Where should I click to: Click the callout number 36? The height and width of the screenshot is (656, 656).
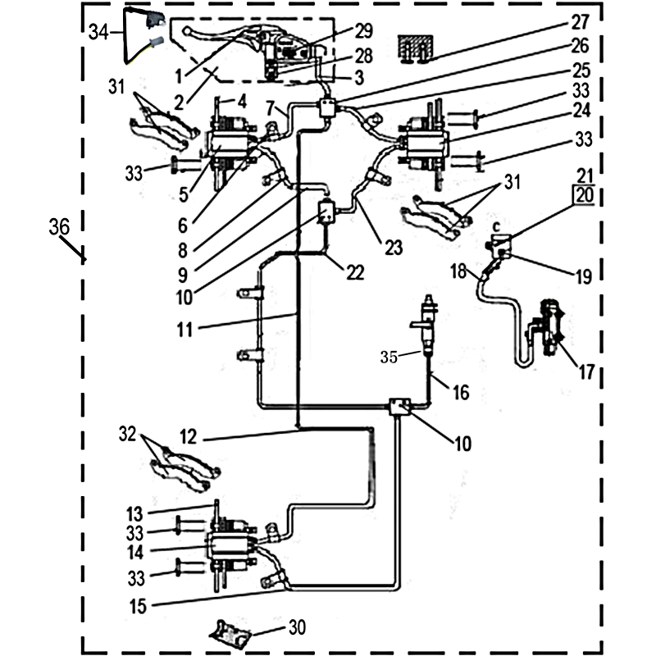[58, 228]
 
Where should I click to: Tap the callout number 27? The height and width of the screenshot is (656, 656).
[581, 22]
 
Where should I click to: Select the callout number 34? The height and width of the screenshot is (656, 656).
[99, 33]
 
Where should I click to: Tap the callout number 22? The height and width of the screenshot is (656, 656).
[354, 273]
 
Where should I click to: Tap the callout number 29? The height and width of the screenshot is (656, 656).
[364, 30]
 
